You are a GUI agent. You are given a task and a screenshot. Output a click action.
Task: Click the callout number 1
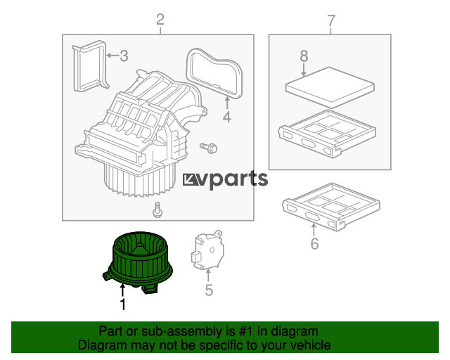123,304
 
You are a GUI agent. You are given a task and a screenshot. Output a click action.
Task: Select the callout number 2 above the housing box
160,19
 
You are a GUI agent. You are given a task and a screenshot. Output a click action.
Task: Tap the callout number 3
124,56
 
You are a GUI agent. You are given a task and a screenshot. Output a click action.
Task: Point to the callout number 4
226,117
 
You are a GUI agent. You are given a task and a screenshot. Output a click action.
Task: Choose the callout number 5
209,290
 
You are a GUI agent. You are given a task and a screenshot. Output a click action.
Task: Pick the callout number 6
314,243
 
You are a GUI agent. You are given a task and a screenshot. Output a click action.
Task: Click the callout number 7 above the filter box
331,20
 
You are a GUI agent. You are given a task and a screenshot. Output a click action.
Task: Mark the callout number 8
304,56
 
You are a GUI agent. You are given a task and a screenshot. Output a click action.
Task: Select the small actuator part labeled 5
207,250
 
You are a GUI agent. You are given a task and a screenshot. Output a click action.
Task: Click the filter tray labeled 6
331,207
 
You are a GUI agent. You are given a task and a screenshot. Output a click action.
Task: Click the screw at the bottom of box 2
157,210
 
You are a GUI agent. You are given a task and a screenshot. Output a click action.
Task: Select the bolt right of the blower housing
209,148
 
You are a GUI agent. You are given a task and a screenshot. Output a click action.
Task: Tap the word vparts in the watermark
234,179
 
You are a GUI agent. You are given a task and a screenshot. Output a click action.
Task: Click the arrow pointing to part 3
112,55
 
